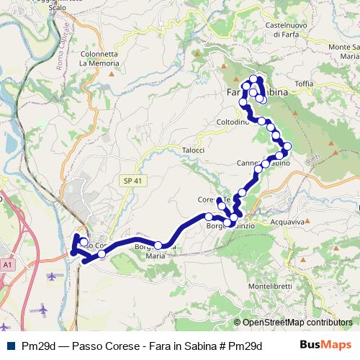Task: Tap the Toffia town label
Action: [304, 84]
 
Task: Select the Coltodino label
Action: [232, 122]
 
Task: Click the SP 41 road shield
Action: [130, 180]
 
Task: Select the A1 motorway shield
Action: [8, 265]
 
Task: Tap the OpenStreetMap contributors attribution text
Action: [294, 323]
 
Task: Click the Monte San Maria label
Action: [344, 51]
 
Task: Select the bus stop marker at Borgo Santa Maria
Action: [158, 246]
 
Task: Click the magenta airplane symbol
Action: [44, 310]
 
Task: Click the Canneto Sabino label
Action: [264, 163]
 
